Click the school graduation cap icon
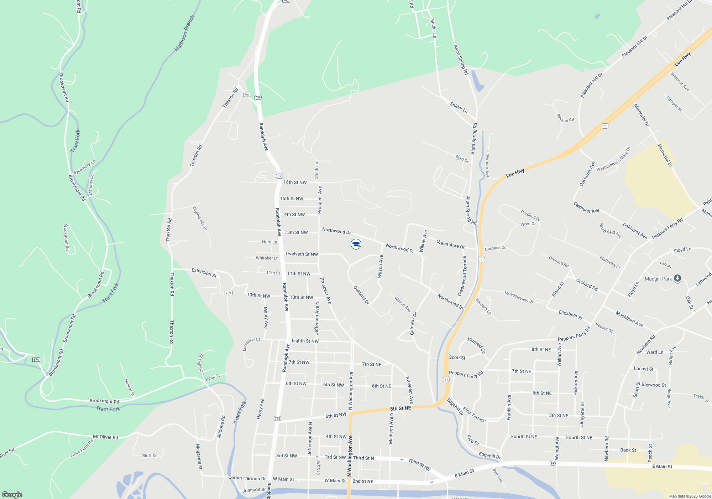356,244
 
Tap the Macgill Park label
658,279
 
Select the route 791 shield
247,95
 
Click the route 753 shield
228,293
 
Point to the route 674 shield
36,360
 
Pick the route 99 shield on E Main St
553,463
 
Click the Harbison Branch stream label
184,33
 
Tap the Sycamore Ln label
84,167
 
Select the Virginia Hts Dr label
200,218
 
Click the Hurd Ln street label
269,242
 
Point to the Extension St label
204,273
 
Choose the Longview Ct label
251,344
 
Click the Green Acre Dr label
450,244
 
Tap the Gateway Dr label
413,324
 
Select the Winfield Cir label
477,345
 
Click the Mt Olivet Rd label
105,437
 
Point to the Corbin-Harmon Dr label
247,478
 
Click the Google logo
12,495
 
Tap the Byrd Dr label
462,159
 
